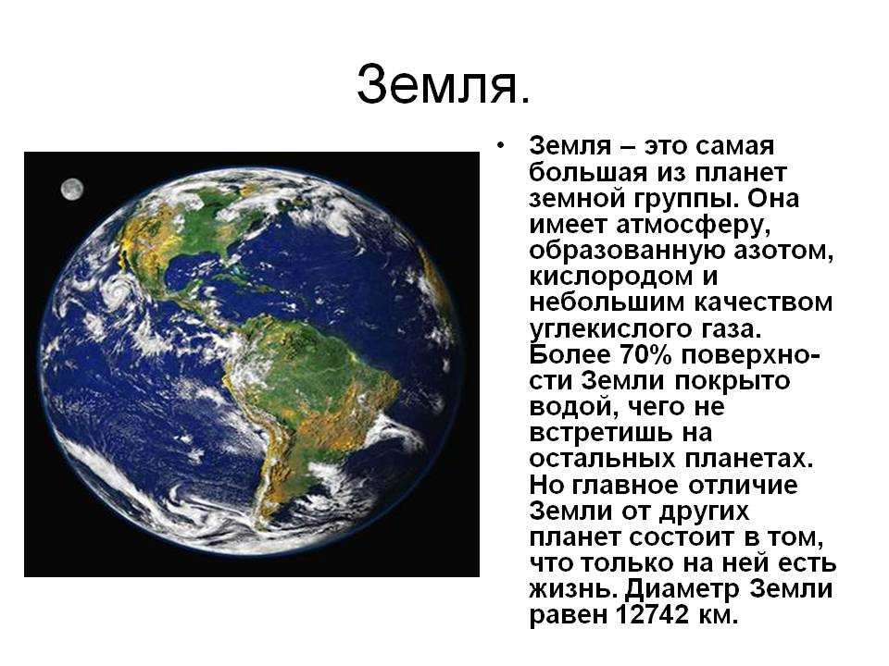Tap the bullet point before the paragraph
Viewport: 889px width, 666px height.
499,146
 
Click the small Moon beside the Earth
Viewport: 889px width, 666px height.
72,189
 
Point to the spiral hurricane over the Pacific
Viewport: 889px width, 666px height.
118,289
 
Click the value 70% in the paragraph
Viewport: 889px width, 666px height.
645,355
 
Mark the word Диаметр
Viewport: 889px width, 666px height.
683,589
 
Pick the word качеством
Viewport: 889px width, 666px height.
763,303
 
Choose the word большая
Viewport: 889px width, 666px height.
588,173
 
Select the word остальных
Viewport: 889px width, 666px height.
603,460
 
